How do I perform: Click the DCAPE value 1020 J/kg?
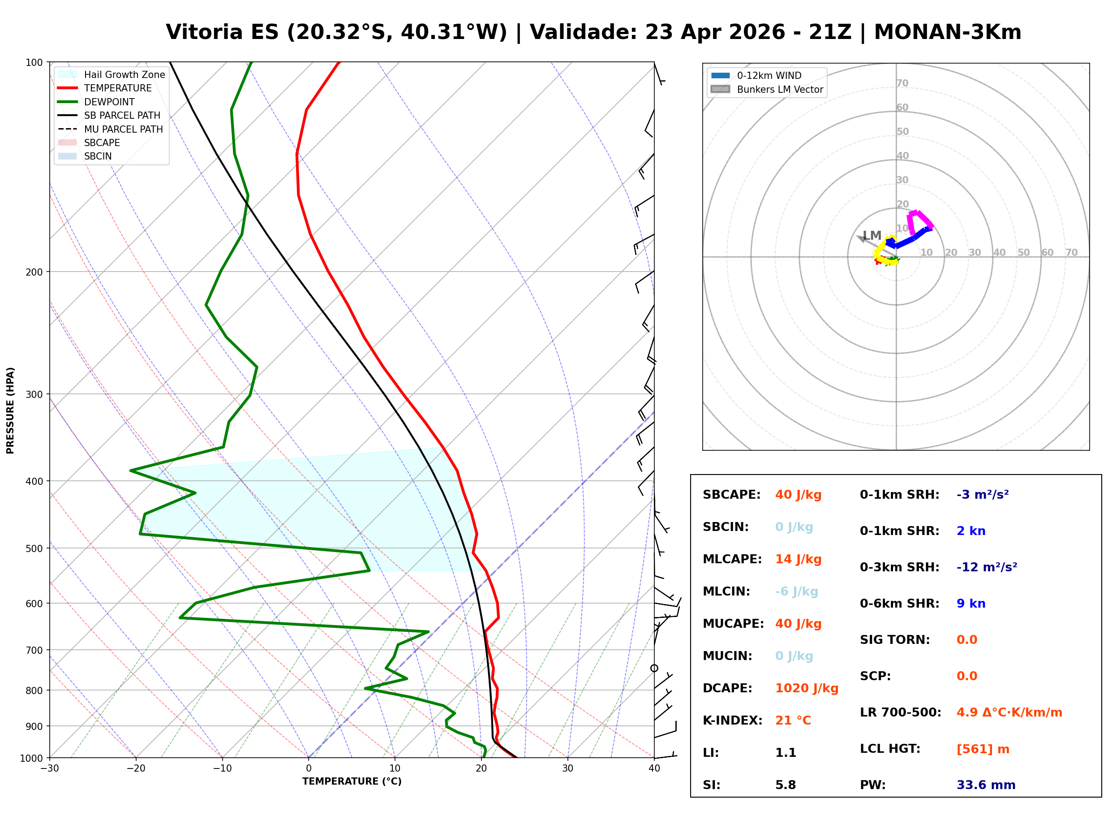807,688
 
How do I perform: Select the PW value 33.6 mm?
985,785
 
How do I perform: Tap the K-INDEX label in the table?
732,721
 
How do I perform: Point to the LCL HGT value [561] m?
983,749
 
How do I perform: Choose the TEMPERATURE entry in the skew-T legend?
117,88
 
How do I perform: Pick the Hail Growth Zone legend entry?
124,74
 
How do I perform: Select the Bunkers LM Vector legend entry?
780,89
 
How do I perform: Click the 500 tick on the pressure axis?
34,548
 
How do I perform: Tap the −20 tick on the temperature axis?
135,768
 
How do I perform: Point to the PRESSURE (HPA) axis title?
10,410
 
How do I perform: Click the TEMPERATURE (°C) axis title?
352,782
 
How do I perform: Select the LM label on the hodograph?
872,235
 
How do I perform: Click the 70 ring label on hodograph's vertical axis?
902,83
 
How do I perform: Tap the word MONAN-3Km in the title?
947,32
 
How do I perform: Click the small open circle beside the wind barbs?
654,669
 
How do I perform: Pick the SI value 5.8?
785,785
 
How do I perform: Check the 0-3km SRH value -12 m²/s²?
987,567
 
